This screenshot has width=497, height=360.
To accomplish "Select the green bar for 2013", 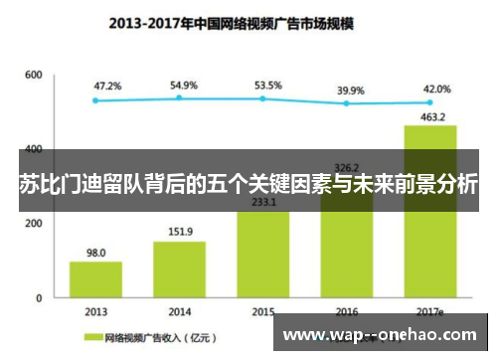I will (95, 278).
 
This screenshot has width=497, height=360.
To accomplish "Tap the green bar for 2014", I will (179, 269).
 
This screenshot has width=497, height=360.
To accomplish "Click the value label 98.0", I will (95, 253).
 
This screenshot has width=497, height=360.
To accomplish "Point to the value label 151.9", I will (180, 233).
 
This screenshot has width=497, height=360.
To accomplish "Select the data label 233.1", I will (263, 202).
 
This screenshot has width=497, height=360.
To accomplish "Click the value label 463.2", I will (429, 116).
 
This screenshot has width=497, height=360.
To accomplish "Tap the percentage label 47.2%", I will (107, 87).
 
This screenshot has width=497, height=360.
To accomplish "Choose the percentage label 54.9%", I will (185, 85).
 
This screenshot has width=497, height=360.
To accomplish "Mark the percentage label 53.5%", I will (268, 86).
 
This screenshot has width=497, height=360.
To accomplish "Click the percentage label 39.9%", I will (350, 90).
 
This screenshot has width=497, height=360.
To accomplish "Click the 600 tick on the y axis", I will (33, 75).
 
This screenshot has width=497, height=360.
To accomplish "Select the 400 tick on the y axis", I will (33, 149).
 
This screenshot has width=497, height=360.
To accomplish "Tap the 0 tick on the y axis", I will (39, 297).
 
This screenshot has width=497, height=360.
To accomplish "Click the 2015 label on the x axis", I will (263, 311).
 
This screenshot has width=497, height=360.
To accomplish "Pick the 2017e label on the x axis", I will (429, 311).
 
